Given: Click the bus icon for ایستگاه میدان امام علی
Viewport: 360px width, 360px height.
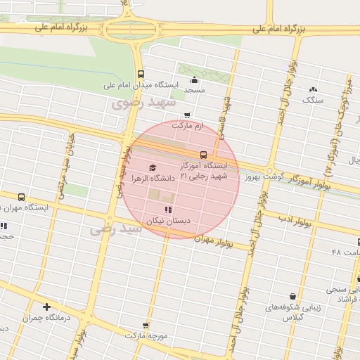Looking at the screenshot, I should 141,74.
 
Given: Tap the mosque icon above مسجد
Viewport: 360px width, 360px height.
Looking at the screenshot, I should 194,79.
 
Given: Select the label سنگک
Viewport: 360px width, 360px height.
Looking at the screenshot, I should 312,100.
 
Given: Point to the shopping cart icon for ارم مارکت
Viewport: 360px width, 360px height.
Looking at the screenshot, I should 186,115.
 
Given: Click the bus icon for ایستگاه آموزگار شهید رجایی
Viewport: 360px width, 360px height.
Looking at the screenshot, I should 203,155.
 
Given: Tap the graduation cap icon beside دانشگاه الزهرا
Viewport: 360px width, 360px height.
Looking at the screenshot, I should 153,167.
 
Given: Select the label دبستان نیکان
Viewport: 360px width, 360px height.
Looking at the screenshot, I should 168,220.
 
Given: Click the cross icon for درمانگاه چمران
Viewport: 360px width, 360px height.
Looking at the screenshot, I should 46,307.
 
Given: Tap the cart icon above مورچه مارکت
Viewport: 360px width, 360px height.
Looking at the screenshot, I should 146,325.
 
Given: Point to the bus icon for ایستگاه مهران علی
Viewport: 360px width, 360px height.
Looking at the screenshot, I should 21,197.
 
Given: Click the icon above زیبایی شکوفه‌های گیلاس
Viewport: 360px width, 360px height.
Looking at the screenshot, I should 292,297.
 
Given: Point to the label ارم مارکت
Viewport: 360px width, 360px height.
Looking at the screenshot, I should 188,125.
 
